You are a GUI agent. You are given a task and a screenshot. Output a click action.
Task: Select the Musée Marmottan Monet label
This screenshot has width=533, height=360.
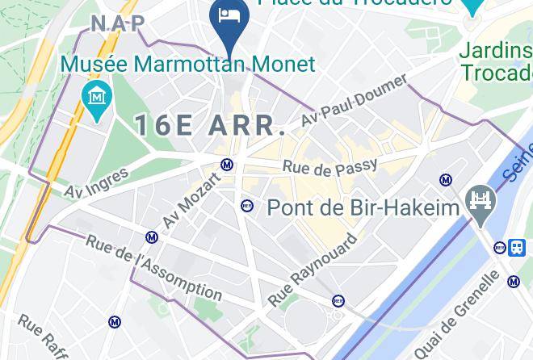point(187,63)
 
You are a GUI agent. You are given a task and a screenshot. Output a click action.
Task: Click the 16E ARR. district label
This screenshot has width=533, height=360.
point(210,125)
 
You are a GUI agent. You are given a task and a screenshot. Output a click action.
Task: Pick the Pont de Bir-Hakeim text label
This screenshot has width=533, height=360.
point(363,207)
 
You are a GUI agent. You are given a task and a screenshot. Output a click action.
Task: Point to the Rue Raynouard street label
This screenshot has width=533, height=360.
point(313,271)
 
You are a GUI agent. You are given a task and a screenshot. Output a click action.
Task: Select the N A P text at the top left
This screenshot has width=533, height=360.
point(118,23)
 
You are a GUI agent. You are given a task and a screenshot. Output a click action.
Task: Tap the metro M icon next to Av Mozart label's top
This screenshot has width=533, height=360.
point(227,165)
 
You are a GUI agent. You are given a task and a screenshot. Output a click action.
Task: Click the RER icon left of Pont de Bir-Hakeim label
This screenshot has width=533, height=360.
point(247,206)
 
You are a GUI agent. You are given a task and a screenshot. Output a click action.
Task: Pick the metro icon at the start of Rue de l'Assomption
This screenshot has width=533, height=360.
point(152,237)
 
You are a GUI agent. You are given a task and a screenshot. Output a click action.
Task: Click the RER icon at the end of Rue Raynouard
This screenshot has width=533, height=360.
point(338,301)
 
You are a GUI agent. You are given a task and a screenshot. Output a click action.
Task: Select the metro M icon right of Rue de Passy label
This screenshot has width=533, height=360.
point(445,180)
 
